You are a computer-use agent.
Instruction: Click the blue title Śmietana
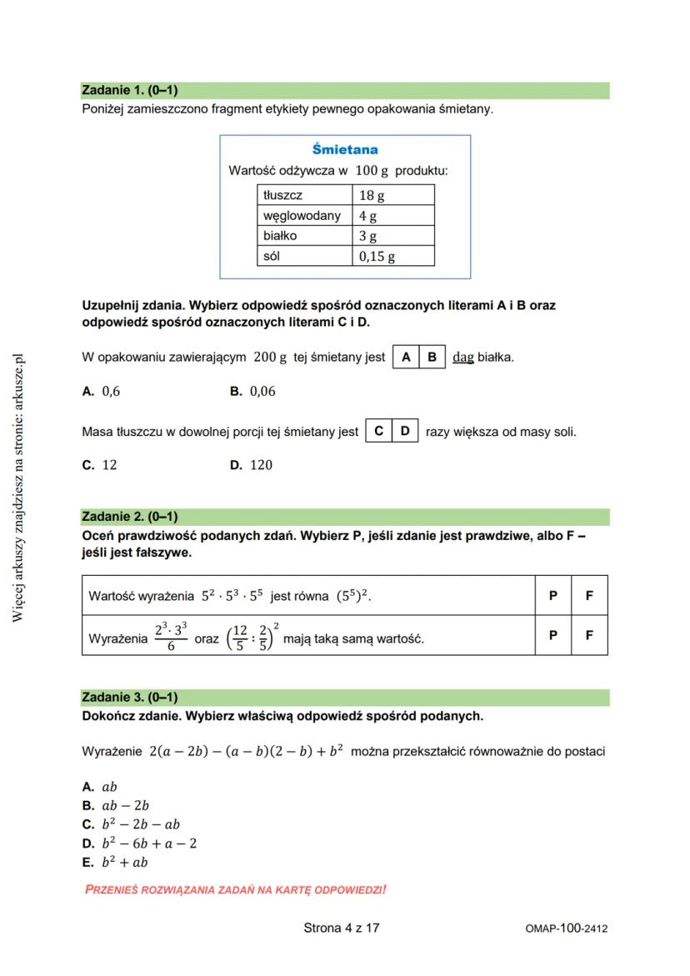pos(345,150)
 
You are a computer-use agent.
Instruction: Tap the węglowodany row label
pos(302,216)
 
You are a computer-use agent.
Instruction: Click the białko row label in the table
pos(280,236)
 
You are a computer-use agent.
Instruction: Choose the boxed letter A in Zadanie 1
pos(406,358)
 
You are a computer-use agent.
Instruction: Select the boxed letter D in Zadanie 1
pos(405,432)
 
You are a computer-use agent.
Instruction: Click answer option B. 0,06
pos(252,391)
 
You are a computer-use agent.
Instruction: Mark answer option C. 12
pos(100,465)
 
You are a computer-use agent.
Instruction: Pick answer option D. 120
pos(252,465)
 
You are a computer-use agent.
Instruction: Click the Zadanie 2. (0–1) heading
pos(130,517)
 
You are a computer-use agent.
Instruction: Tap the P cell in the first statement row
pos(553,596)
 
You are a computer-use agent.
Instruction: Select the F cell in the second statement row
pos(589,635)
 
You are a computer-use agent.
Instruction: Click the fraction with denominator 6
pos(171,637)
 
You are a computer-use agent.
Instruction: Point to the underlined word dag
pos(463,358)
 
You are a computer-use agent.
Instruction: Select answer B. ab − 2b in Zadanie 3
pos(116,806)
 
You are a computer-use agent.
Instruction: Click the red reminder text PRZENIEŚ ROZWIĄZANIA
pos(236,890)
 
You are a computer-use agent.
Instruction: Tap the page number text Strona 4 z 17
pos(342,928)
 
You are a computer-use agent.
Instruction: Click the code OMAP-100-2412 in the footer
pos(567,928)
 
